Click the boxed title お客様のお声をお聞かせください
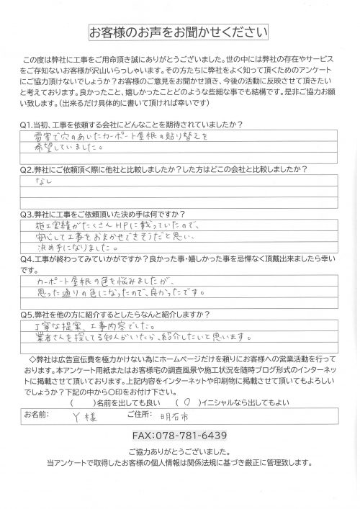click(179, 33)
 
